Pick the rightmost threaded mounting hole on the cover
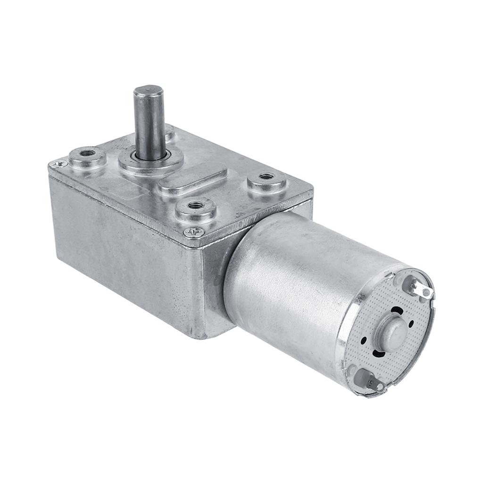pyautogui.click(x=267, y=176)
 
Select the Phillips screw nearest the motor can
pyautogui.click(x=194, y=232)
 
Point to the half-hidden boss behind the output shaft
pyautogui.click(x=169, y=132)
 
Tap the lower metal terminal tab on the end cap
pyautogui.click(x=371, y=381)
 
